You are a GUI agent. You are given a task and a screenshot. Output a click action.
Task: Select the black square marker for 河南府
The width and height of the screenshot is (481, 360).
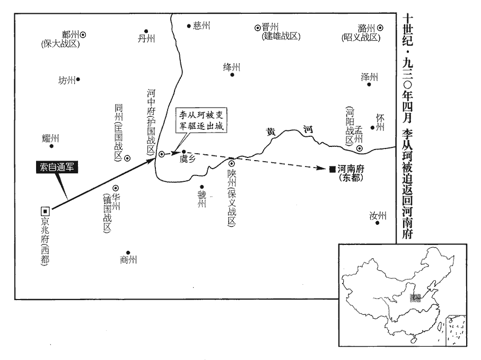pos(332,169)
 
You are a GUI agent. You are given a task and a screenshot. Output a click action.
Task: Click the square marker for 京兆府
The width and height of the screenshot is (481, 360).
pos(45,210)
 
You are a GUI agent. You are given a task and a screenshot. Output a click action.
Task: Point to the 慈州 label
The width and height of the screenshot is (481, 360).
pos(202,25)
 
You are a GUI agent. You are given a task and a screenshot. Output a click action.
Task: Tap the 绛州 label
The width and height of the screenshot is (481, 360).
pos(232,67)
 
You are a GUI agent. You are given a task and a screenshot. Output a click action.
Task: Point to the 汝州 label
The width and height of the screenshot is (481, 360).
pos(378,215)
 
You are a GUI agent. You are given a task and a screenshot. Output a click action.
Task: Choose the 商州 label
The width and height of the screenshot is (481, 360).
pos(128,260)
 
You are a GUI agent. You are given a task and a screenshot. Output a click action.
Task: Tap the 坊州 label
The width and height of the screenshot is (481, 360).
pos(67,80)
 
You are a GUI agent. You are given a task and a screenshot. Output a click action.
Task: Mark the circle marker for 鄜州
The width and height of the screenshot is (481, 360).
pos(83,35)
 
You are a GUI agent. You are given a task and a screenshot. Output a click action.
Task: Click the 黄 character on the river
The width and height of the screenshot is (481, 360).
pos(272,133)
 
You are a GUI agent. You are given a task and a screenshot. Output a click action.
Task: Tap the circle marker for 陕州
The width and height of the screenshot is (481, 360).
pos(231,163)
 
